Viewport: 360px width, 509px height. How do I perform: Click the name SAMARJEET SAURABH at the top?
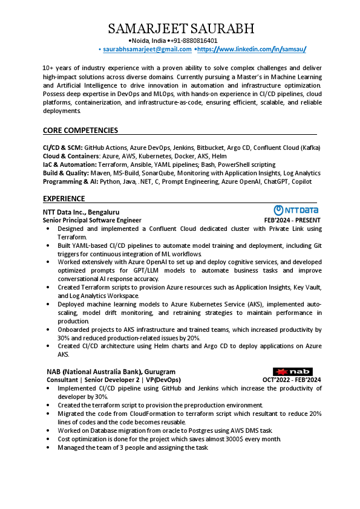(181, 28)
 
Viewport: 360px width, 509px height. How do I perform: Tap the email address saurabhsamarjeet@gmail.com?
(147, 49)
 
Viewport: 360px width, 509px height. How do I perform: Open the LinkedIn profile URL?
(252, 49)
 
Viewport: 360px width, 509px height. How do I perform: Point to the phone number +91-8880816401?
(195, 41)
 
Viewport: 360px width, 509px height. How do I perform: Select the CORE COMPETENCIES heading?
(80, 131)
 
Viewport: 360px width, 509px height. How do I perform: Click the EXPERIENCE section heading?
(64, 198)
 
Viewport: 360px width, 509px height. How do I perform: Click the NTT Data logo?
(296, 210)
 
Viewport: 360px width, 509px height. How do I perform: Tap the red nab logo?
(292, 371)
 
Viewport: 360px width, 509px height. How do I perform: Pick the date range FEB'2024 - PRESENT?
(292, 221)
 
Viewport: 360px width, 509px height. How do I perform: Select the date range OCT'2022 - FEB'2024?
(292, 380)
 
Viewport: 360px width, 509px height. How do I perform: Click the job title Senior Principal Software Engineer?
(92, 221)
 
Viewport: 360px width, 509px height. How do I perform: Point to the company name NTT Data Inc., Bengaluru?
(81, 212)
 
